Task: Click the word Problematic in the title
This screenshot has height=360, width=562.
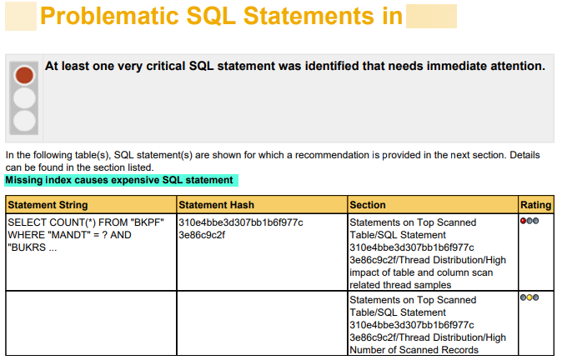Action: [109, 16]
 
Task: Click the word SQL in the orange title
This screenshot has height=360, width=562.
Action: [211, 16]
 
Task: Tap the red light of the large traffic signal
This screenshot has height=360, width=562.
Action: [24, 75]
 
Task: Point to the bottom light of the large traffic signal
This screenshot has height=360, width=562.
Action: [24, 121]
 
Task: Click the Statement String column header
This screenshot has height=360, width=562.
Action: [48, 205]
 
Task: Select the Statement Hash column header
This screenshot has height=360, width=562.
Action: [217, 205]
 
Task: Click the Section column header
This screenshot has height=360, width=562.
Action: [368, 205]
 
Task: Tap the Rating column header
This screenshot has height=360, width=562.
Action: [536, 205]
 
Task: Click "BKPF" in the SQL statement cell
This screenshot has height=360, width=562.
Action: [148, 222]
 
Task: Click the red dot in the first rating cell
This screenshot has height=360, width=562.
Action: [524, 221]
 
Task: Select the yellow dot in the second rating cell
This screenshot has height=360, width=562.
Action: [529, 297]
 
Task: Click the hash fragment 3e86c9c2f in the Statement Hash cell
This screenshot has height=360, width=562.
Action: [202, 235]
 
